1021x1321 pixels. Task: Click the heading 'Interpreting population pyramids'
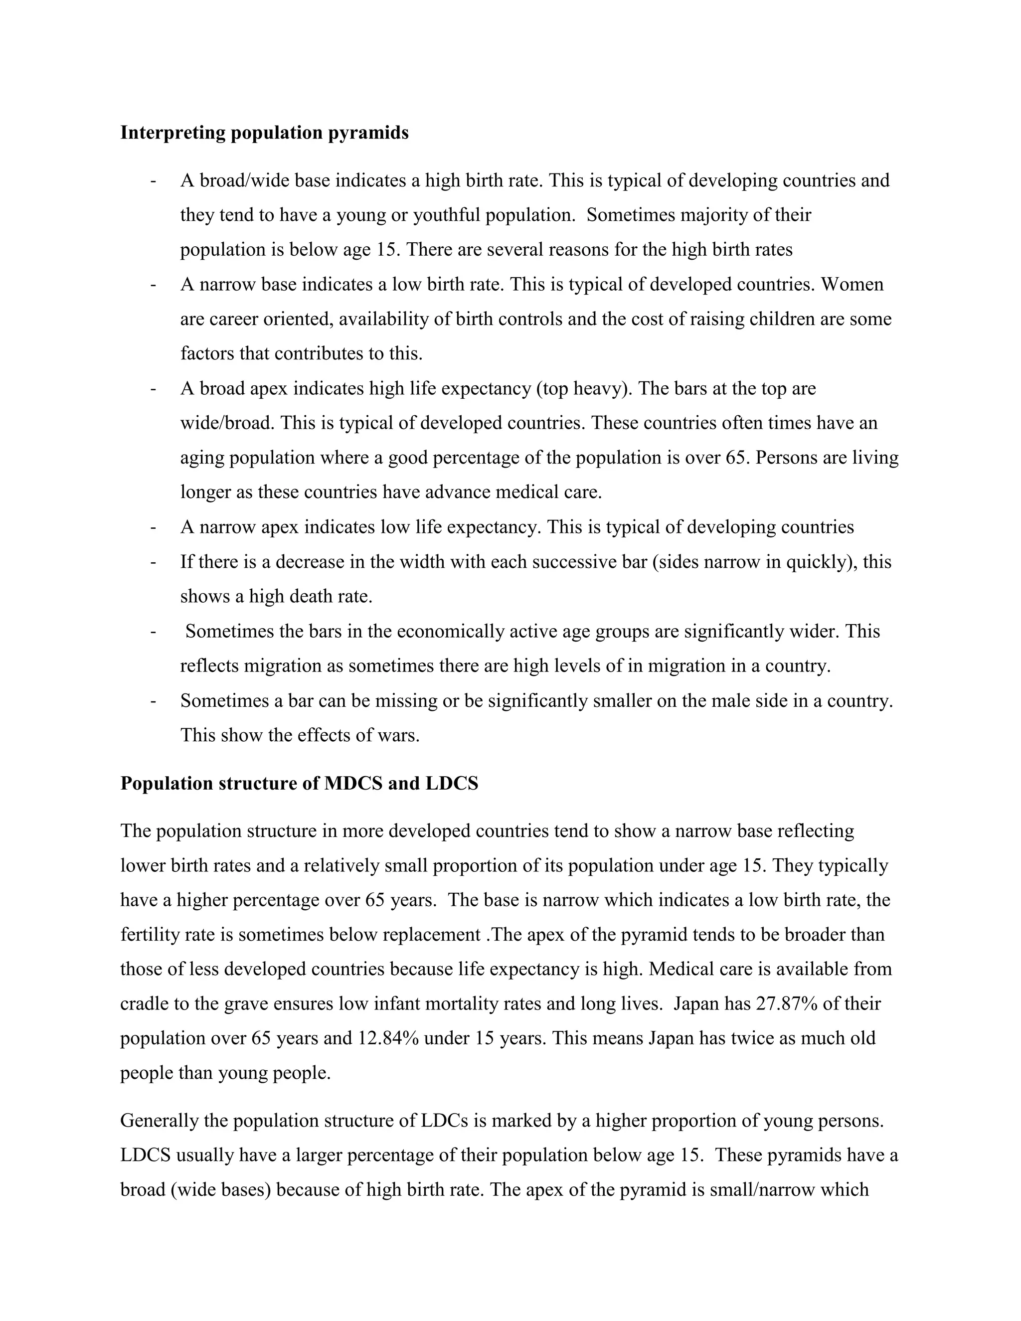click(264, 133)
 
